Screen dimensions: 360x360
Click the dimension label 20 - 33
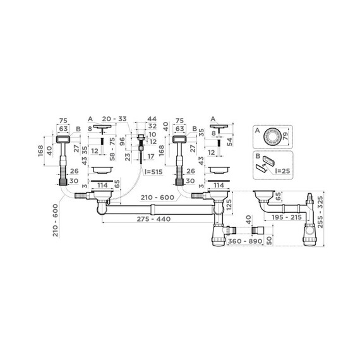(x=114, y=119)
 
